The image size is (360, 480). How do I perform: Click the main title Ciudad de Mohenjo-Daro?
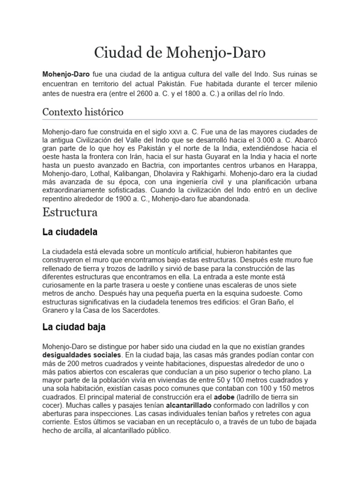click(180, 53)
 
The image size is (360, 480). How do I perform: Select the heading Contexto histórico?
click(82, 112)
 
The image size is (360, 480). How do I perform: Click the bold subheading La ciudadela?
click(70, 232)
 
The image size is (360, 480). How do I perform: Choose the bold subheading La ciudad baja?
click(74, 327)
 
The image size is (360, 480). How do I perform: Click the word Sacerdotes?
click(140, 310)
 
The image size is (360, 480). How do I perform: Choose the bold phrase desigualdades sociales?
click(82, 355)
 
